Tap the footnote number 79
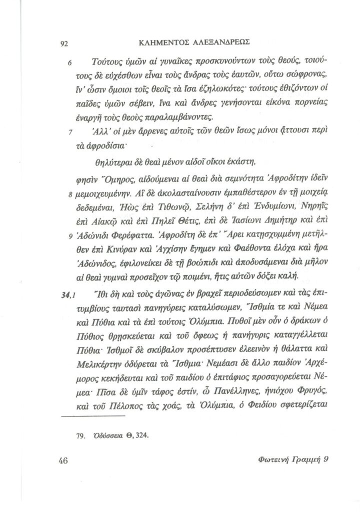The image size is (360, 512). pos(81,434)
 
